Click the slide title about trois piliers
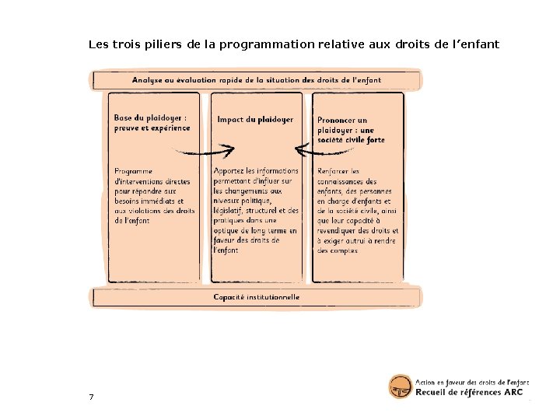293,44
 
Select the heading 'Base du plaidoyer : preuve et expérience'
151,123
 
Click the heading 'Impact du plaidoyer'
255,120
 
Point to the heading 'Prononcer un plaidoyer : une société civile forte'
351,130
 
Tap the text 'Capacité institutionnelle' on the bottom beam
256,297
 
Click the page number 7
91,397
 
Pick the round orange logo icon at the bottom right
400,387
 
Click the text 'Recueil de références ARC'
469,393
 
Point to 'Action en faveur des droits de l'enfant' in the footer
472,382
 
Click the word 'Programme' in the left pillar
134,171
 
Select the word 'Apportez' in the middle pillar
231,171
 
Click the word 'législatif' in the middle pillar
229,211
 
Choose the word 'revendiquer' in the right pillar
338,231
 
